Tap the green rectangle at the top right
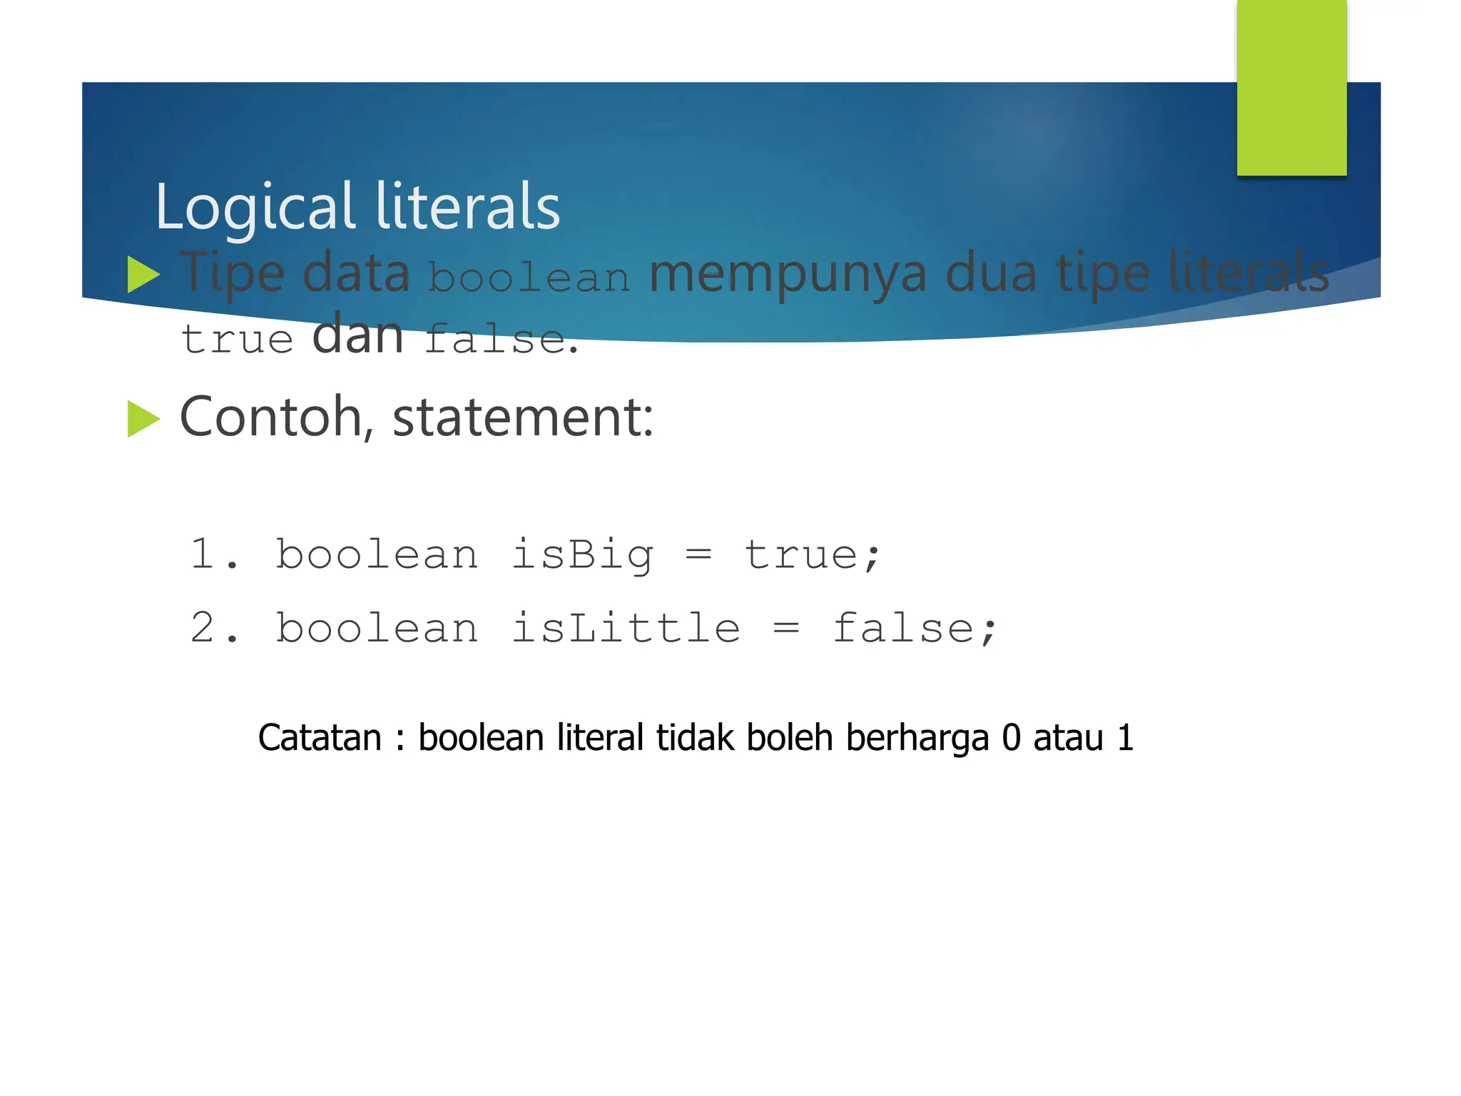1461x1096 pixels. pyautogui.click(x=1291, y=87)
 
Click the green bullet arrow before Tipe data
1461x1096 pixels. pyautogui.click(x=143, y=275)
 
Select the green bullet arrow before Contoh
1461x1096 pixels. pyautogui.click(x=143, y=418)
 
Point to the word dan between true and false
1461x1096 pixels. pyautogui.click(x=358, y=335)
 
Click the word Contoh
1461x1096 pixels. pyautogui.click(x=271, y=417)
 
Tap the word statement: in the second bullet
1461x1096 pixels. pyautogui.click(x=523, y=418)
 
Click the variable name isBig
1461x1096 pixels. pyautogui.click(x=582, y=555)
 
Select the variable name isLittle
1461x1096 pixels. pyautogui.click(x=626, y=629)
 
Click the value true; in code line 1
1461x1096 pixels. pyautogui.click(x=813, y=555)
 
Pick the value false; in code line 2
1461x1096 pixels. pyautogui.click(x=915, y=629)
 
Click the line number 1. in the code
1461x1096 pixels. pyautogui.click(x=214, y=554)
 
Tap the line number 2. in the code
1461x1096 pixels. pyautogui.click(x=214, y=629)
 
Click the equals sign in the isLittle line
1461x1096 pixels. pyautogui.click(x=786, y=629)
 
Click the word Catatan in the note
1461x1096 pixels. pyautogui.click(x=320, y=738)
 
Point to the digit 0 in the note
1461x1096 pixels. pyautogui.click(x=1011, y=738)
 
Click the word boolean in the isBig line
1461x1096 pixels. pyautogui.click(x=377, y=555)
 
